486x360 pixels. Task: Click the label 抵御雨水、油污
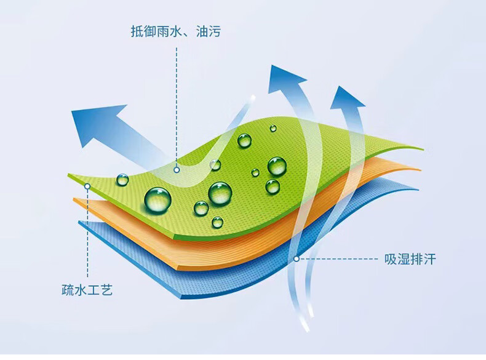pos(175,31)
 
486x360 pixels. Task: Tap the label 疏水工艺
pos(87,290)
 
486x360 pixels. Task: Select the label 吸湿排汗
pos(410,259)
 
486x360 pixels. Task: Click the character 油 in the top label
pos(202,31)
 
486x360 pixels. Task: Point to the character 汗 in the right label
pos(429,259)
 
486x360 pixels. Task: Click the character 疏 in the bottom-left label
pos(68,290)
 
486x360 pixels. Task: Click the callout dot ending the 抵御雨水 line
pos(177,170)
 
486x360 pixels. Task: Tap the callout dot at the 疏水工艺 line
pos(87,186)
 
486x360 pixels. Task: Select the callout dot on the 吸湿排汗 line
pos(297,258)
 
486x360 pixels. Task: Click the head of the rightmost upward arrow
pos(346,98)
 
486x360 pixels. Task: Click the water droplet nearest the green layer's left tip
pos(122,180)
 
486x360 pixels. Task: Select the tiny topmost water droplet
pos(273,128)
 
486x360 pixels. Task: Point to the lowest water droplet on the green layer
pos(217,222)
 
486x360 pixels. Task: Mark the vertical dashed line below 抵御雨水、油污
pos(177,107)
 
